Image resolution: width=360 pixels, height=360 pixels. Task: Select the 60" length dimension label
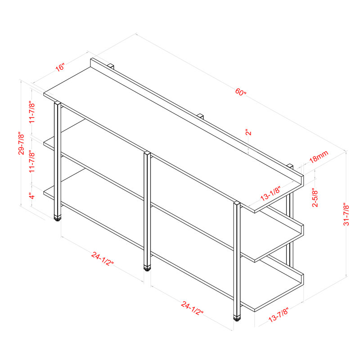click(241, 93)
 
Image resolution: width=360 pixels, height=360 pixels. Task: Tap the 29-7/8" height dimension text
click(21, 144)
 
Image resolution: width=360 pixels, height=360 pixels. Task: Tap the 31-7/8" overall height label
click(346, 214)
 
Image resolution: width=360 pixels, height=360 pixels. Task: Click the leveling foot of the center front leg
click(147, 268)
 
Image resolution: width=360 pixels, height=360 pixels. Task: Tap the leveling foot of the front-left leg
click(57, 219)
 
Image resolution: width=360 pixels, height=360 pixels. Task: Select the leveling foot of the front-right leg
click(237, 318)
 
